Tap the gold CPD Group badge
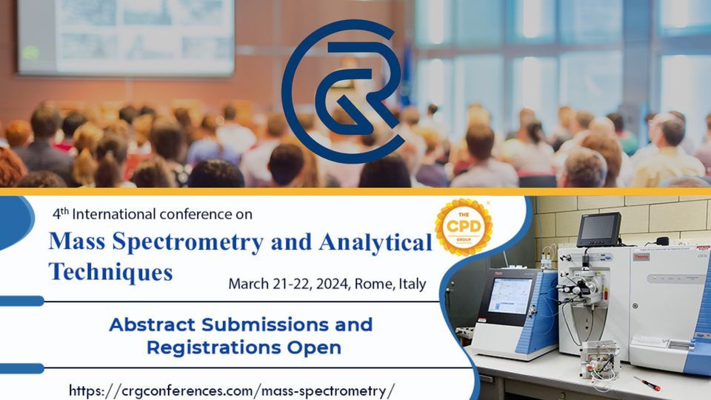(464, 227)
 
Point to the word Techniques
(110, 271)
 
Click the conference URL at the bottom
(232, 390)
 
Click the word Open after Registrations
(321, 347)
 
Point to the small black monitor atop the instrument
(598, 230)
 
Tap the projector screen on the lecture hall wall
(126, 36)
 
